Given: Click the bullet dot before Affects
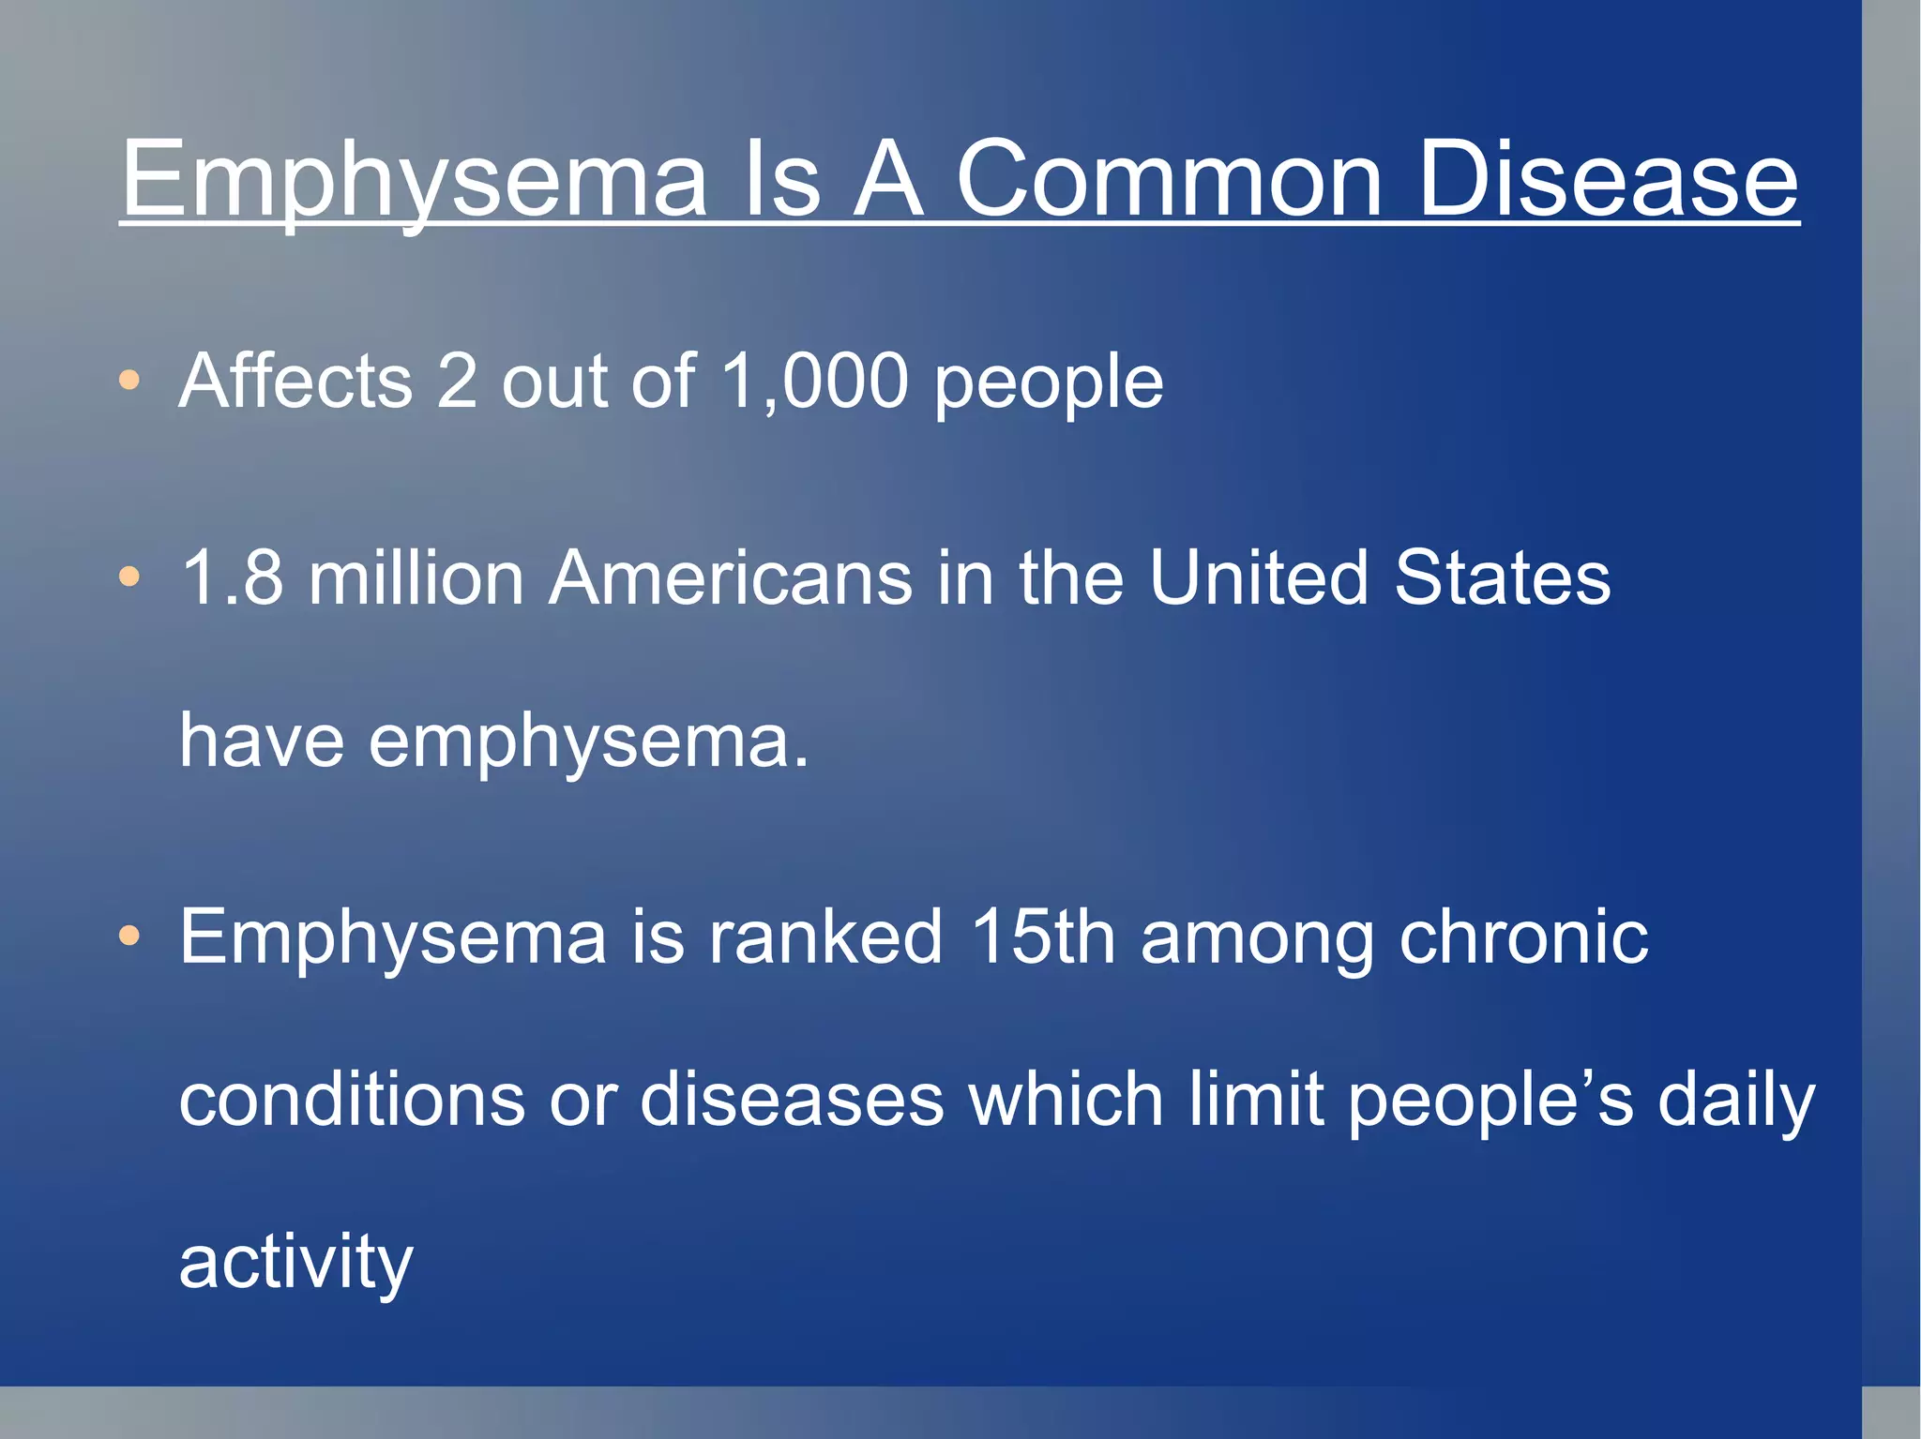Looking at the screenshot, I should click(129, 380).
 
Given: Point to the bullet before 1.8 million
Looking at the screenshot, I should click(129, 577).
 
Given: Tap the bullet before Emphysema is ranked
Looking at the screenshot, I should click(129, 935).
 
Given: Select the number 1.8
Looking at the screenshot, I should click(232, 577).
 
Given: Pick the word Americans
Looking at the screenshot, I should click(731, 577).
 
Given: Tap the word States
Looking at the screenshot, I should click(1502, 577).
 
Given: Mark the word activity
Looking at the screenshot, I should click(295, 1263).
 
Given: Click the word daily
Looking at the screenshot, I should click(1736, 1101).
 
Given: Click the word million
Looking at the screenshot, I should click(416, 577).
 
